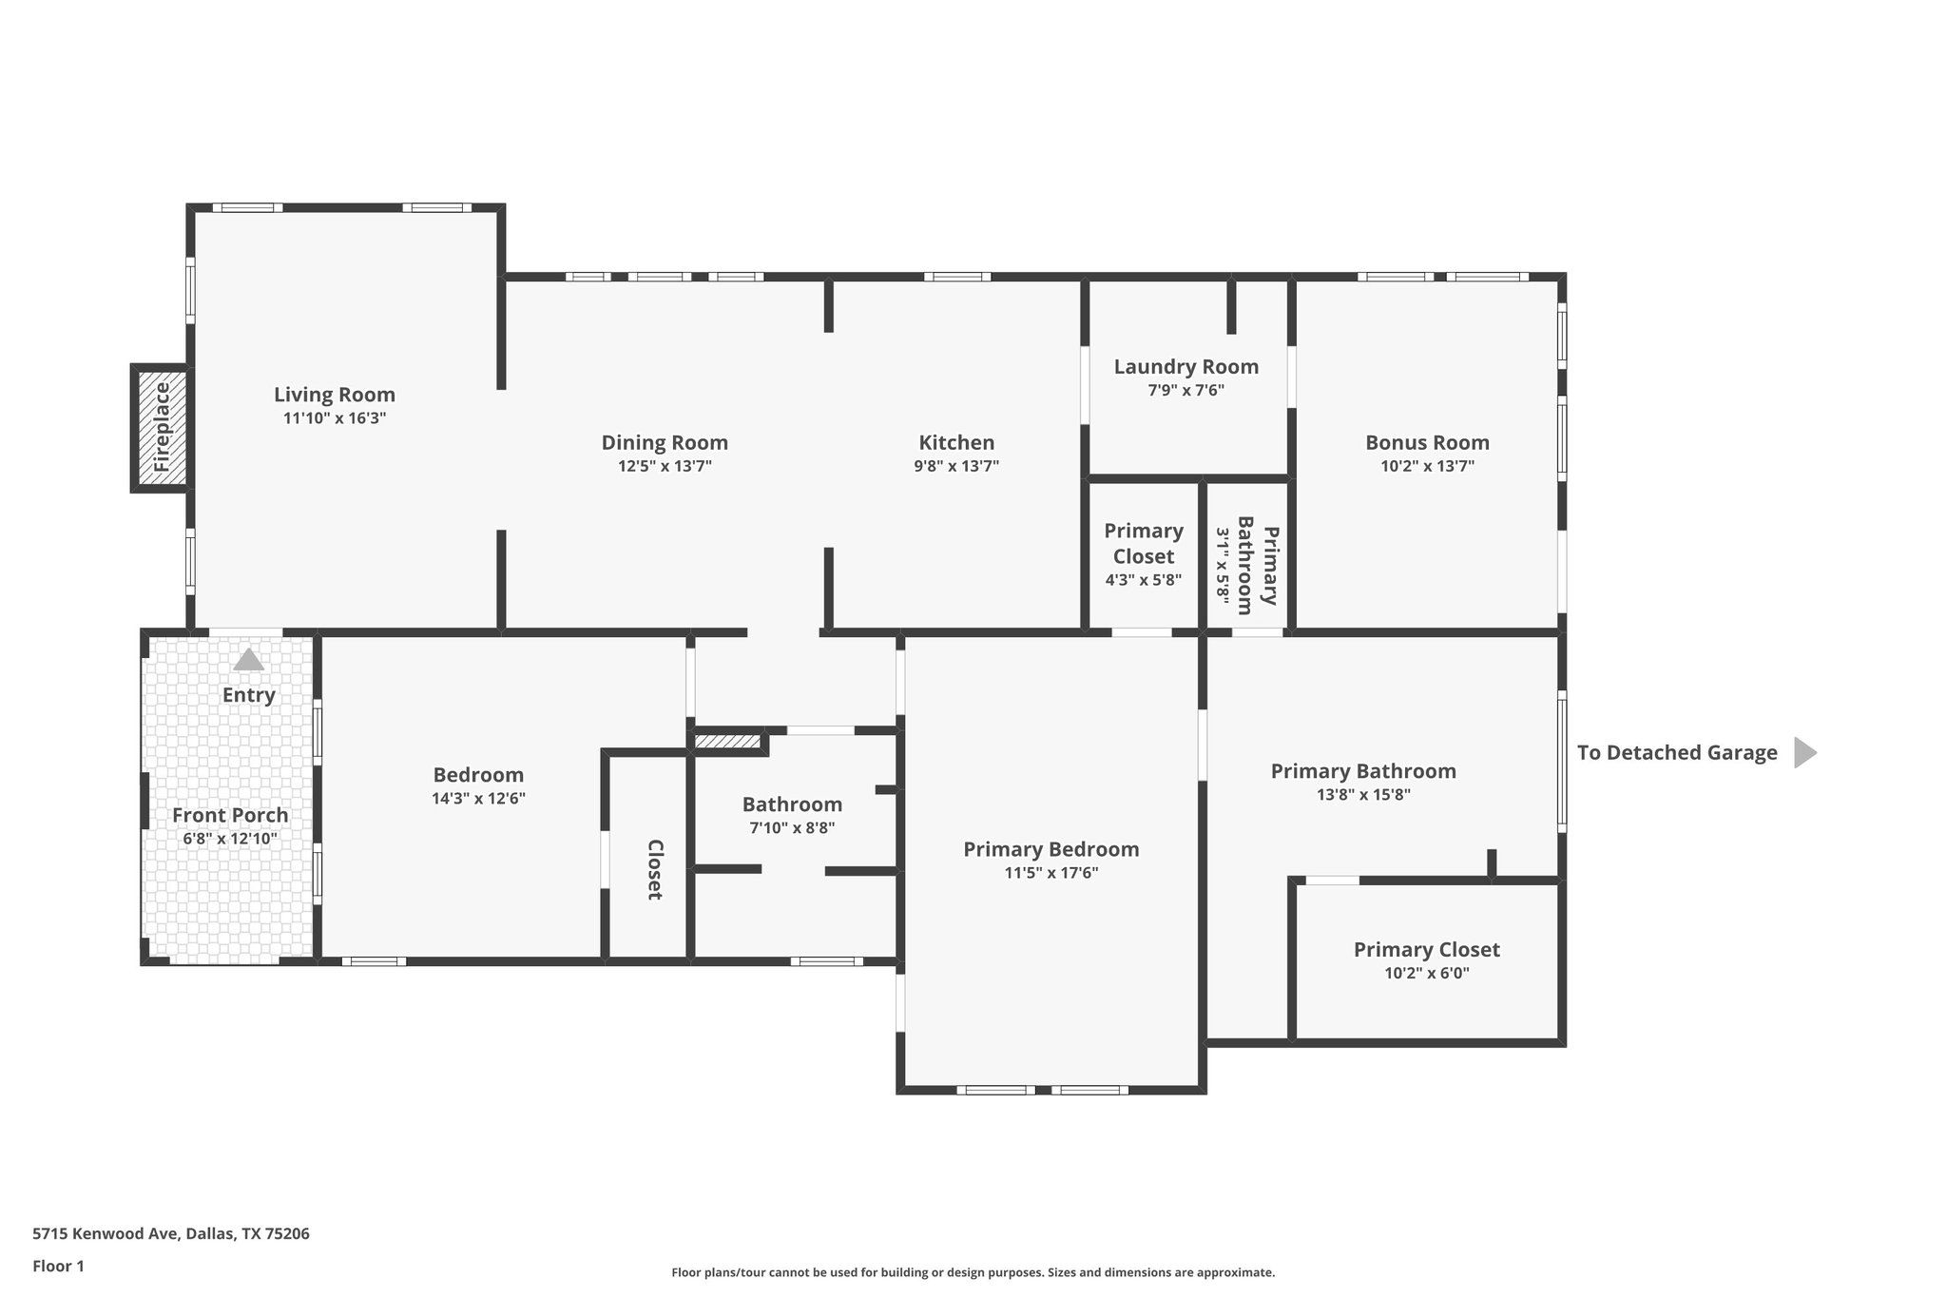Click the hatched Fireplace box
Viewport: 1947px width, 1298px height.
click(x=161, y=427)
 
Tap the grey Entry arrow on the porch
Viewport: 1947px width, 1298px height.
click(x=248, y=660)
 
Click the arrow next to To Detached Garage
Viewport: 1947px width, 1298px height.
click(x=1804, y=752)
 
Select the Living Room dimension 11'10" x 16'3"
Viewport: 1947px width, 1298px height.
click(x=335, y=418)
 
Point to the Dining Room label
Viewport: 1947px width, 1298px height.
click(x=665, y=442)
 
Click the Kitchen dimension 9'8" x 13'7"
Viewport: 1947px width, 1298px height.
click(x=956, y=466)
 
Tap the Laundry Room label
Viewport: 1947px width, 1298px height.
click(x=1186, y=366)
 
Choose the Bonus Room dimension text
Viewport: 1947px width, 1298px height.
click(x=1427, y=466)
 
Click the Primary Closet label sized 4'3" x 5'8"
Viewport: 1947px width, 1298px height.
click(x=1143, y=543)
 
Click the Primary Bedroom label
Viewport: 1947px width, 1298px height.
click(x=1051, y=849)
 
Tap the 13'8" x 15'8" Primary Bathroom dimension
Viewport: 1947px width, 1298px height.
click(x=1363, y=795)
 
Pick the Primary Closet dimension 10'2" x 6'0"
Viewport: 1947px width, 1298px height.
click(x=1426, y=973)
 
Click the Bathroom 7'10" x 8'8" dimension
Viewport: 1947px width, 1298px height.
click(x=792, y=828)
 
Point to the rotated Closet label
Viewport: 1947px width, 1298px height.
click(x=654, y=869)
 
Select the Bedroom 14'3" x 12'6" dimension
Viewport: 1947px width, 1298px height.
click(x=478, y=799)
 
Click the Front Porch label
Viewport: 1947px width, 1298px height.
click(x=230, y=815)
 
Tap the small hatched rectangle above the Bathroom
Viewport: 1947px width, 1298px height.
click(x=727, y=741)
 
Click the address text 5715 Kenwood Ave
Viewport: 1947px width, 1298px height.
click(x=171, y=1233)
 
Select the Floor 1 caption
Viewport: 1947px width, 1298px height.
click(x=58, y=1266)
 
